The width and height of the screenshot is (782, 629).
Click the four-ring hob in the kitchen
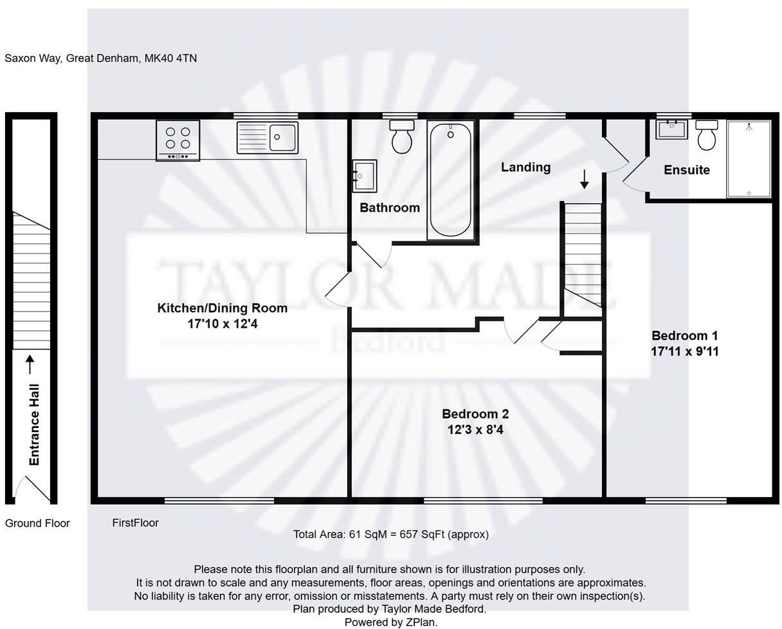[x=177, y=139]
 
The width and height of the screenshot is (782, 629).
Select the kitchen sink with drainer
[x=268, y=138]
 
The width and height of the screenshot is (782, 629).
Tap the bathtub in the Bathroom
[x=450, y=180]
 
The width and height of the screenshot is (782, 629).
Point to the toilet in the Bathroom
[x=402, y=136]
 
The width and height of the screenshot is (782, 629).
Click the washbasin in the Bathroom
[x=364, y=176]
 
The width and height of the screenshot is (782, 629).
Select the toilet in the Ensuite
[x=706, y=135]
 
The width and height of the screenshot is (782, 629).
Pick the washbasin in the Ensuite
[x=671, y=129]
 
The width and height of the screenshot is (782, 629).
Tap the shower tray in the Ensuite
[x=749, y=158]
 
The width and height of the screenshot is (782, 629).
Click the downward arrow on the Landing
[x=584, y=179]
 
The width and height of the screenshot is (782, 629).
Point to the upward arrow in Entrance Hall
[x=30, y=364]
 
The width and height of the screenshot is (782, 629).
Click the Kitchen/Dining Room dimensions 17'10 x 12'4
[x=223, y=324]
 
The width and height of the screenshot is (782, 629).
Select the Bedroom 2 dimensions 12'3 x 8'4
[x=475, y=429]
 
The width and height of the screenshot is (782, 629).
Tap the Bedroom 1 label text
[x=684, y=335]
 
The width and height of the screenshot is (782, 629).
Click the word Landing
[x=525, y=167]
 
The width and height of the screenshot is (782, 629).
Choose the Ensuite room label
[x=686, y=170]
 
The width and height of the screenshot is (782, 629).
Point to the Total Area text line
[x=390, y=534]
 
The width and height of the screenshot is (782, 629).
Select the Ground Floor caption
[x=37, y=523]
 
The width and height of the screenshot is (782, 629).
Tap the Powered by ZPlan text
[x=390, y=622]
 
